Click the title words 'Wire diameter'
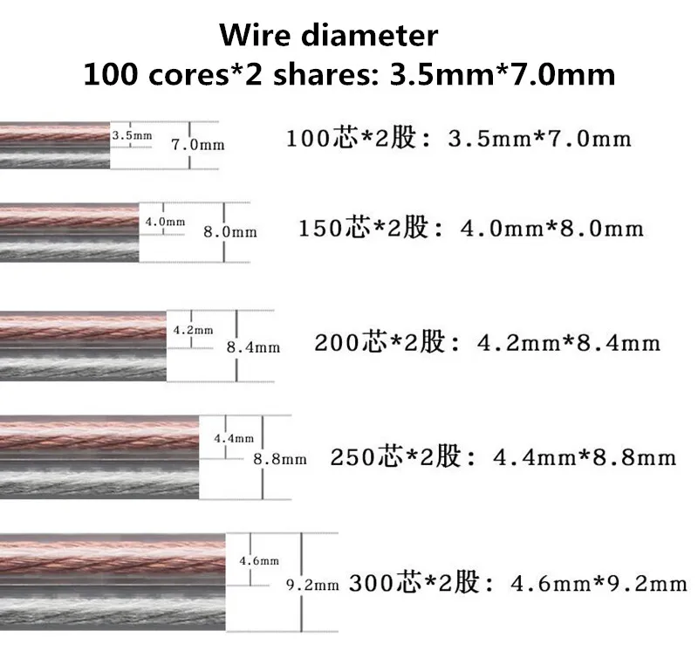[329, 35]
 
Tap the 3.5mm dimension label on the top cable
[132, 135]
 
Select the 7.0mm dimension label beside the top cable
[198, 145]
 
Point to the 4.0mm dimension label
[165, 221]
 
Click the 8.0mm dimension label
[230, 232]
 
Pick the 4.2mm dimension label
[193, 330]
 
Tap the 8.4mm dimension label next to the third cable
[253, 347]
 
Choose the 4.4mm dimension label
[234, 438]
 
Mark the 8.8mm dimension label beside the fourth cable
[280, 459]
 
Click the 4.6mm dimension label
[259, 561]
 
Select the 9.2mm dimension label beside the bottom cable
[312, 585]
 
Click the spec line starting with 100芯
[459, 138]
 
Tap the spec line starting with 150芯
[471, 228]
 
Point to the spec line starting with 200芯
[488, 342]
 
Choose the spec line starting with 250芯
[503, 456]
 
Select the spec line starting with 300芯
[518, 583]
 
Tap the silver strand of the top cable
[55, 157]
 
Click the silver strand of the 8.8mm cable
[99, 479]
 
